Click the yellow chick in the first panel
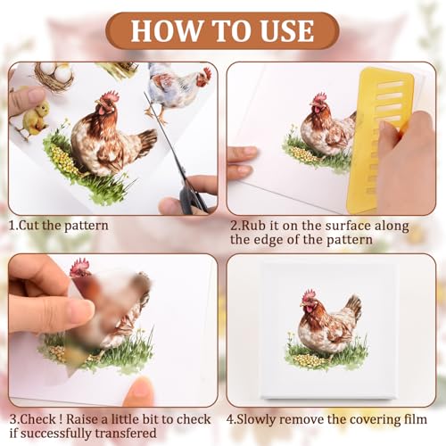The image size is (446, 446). point(36,118)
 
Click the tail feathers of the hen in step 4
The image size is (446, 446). point(353,307)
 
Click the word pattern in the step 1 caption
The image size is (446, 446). point(87,226)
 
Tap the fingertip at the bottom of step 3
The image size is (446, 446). point(140,391)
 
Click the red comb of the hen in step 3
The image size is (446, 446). point(79,265)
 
